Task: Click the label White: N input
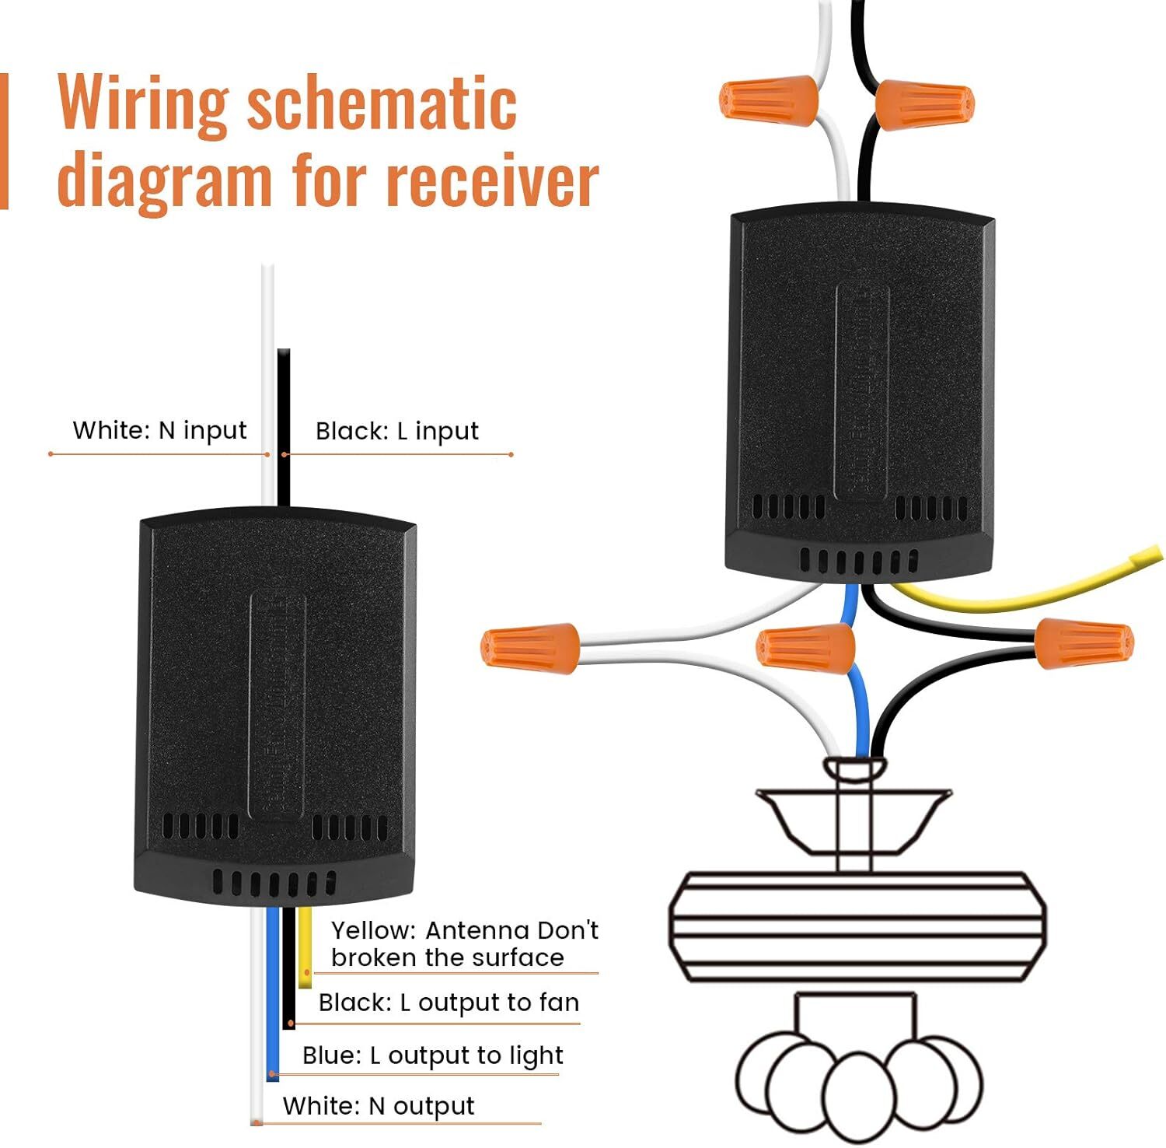159,430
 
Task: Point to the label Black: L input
396,431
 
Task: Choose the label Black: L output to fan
449,1003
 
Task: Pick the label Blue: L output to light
432,1055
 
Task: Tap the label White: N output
378,1106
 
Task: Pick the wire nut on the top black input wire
924,105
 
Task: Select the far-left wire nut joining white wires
531,647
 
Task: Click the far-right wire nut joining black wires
1084,642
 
